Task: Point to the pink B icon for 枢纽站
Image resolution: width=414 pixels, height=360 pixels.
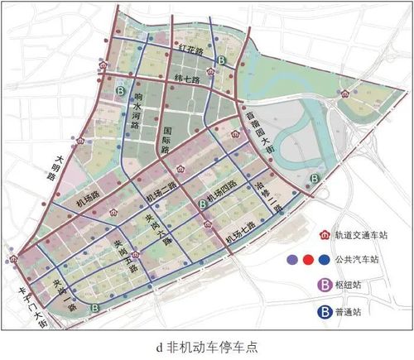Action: [326, 286]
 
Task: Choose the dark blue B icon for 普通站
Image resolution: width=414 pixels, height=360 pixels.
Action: [326, 312]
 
